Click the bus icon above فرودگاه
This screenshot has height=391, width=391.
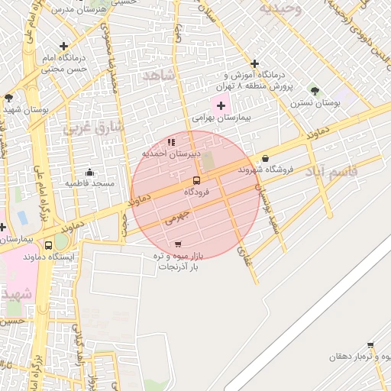coord(196,180)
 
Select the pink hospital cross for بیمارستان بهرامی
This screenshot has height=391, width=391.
coord(221,105)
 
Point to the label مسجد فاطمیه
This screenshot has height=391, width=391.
coord(89,183)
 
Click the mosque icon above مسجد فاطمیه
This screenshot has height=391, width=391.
coord(90,172)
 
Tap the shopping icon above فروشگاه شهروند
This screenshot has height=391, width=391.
coord(265,158)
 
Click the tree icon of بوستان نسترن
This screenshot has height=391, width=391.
coord(315,91)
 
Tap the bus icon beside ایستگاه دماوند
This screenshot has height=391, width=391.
coord(50,245)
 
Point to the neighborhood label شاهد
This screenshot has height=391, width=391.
coord(158,75)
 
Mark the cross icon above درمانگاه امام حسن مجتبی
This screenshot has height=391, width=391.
coord(63,46)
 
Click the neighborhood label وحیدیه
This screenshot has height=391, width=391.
coord(280,9)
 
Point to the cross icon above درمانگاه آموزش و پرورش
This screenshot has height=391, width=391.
coord(254,63)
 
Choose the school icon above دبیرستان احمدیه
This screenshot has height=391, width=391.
coord(171,141)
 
